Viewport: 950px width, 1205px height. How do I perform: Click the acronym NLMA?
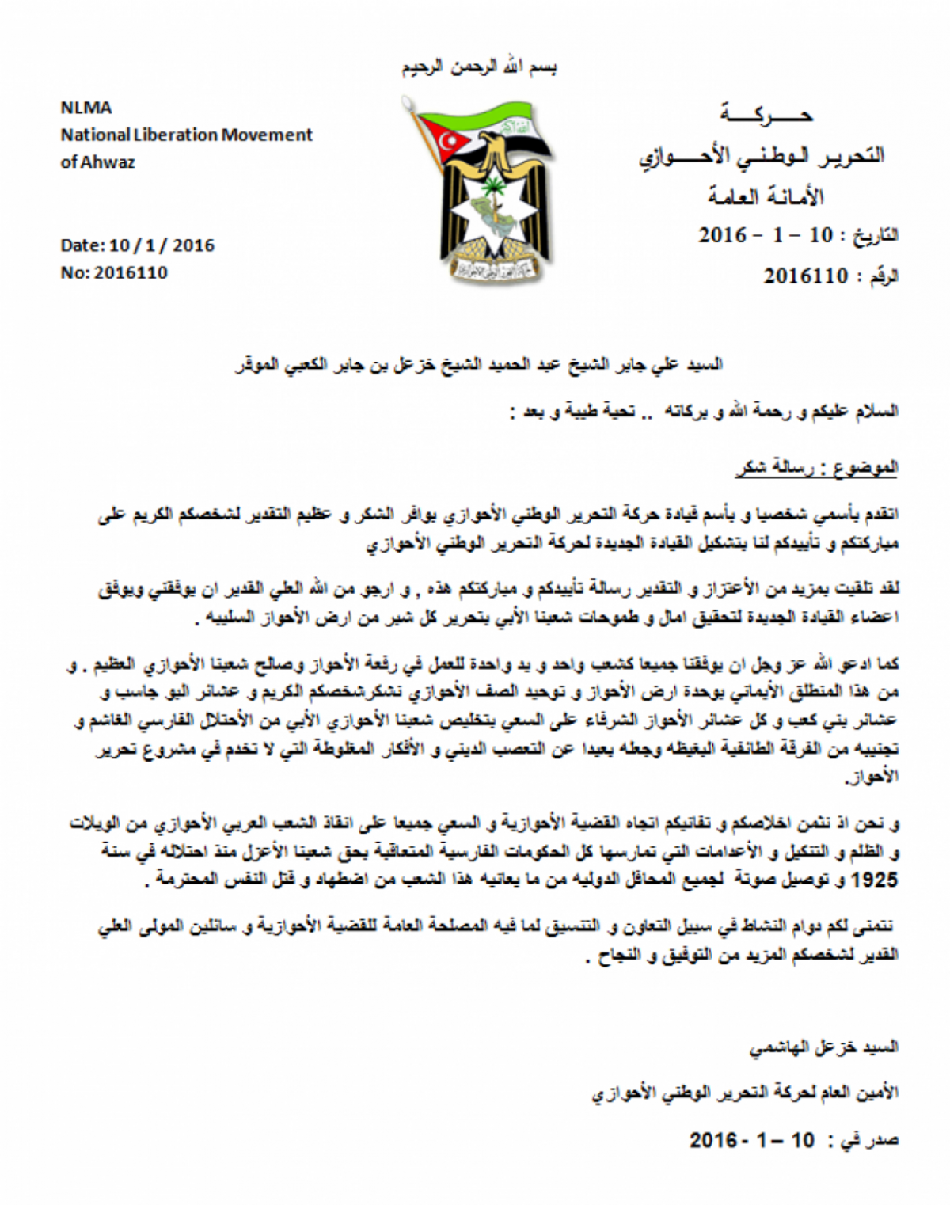point(86,108)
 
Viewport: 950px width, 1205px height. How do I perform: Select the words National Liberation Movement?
point(187,135)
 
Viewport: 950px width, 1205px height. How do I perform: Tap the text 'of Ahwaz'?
point(97,162)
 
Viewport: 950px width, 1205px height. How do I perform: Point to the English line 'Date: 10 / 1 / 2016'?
point(137,245)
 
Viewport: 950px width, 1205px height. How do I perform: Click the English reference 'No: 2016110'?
point(114,273)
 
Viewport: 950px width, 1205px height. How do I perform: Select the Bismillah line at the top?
point(479,68)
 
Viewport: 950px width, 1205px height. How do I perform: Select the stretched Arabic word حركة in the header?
point(766,116)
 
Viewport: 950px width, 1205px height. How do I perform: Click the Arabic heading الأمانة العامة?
point(766,196)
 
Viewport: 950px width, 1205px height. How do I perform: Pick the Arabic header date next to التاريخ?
point(766,235)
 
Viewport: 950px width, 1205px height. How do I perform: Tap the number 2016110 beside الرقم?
point(805,276)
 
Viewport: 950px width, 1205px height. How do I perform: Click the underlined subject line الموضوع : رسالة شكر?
point(817,468)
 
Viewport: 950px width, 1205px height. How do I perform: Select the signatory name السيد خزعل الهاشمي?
point(823,1048)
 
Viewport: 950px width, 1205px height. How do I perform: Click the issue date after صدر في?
point(751,1140)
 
